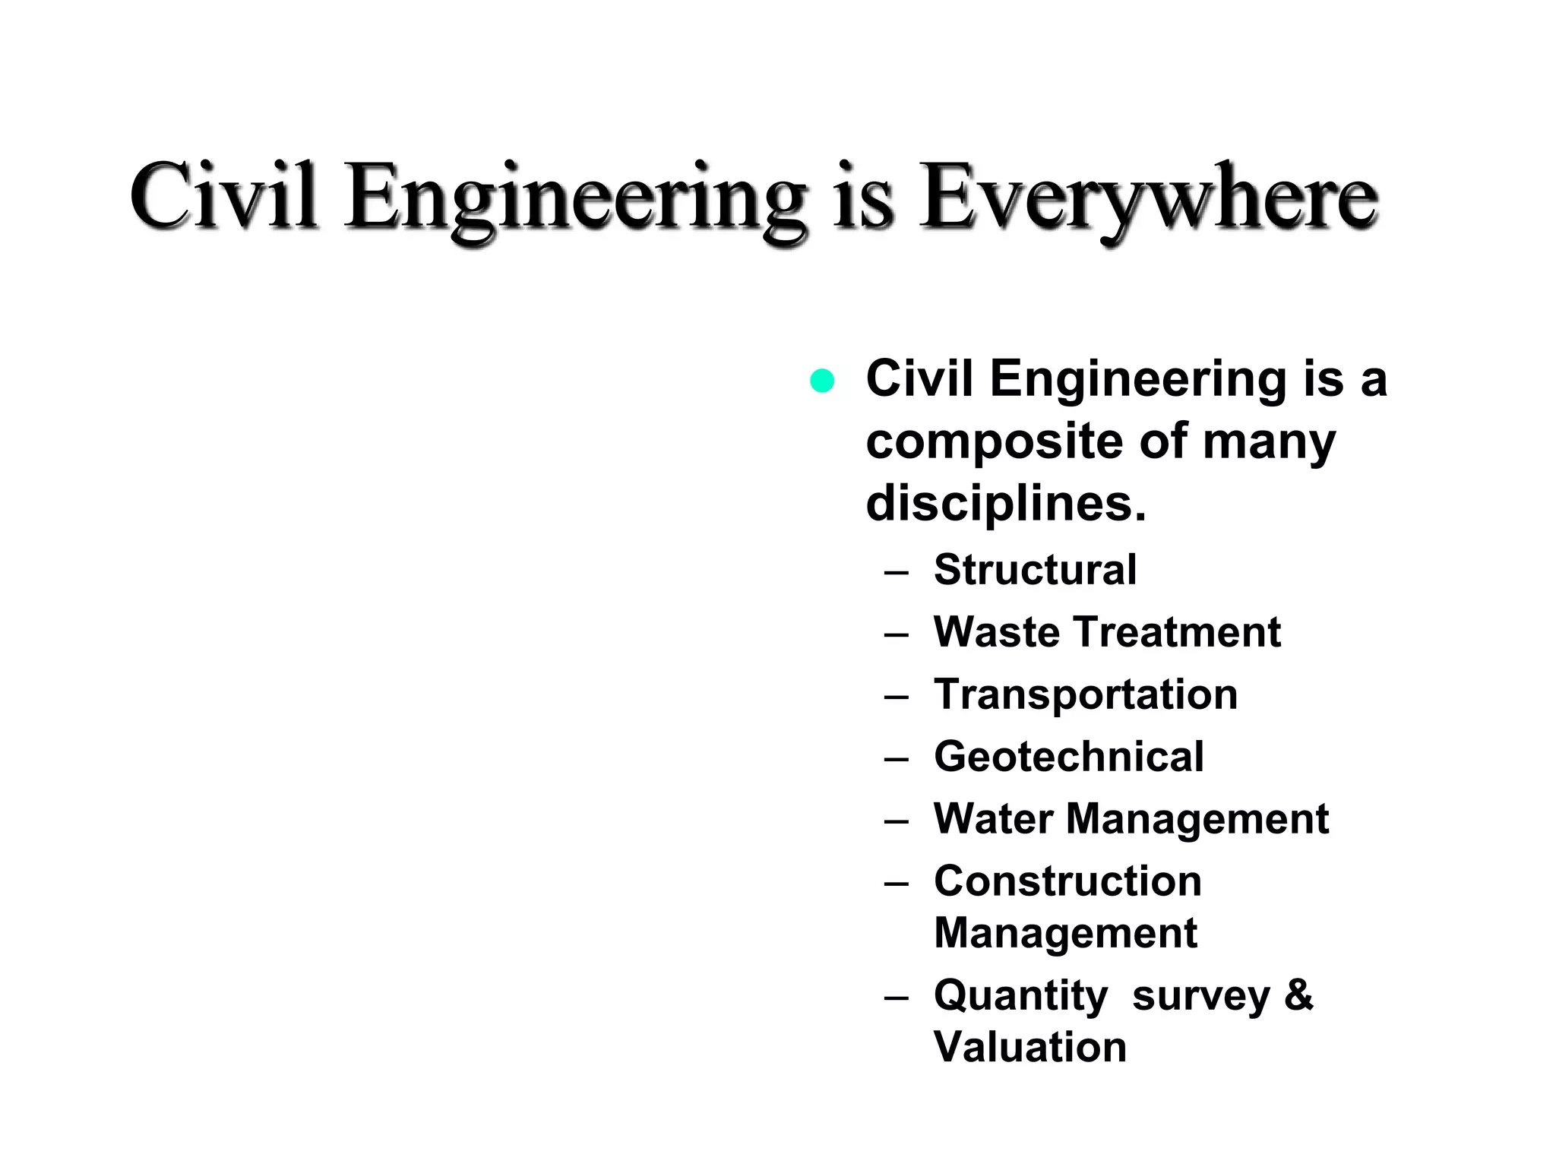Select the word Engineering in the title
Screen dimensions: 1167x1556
click(575, 199)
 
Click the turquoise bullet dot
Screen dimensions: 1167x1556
click(822, 380)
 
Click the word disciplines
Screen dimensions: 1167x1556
click(1005, 504)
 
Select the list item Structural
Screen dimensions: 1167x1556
click(1035, 569)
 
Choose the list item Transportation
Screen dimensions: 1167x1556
click(1085, 694)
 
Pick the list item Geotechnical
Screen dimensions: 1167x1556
click(1068, 756)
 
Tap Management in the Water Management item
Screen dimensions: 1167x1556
click(1197, 820)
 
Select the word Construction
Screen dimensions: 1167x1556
click(1067, 881)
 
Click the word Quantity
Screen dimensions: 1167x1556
click(1020, 996)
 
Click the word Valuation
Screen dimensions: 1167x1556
click(1029, 1046)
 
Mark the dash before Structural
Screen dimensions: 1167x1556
click(897, 571)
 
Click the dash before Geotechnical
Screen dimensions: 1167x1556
click(897, 758)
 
